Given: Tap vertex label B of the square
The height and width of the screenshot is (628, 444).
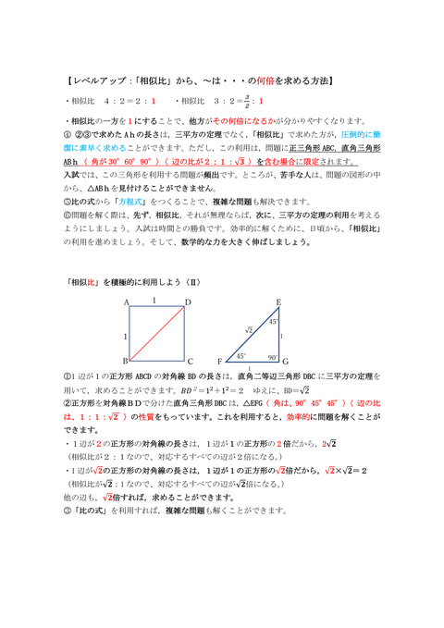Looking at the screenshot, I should [125, 361].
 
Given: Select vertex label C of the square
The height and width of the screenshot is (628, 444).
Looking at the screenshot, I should [190, 362].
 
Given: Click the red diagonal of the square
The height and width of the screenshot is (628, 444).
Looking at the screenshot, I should [157, 331].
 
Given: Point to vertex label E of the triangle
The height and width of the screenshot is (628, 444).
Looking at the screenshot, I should [278, 302].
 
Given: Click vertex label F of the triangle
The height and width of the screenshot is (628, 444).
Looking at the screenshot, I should [219, 361].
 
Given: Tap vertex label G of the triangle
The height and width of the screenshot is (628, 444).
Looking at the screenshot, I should [286, 362].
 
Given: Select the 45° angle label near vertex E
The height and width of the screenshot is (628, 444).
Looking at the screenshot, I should [273, 322].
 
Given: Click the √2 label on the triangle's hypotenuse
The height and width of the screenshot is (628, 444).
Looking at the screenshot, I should [248, 330].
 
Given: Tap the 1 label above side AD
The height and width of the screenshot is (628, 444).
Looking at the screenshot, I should [155, 301].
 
